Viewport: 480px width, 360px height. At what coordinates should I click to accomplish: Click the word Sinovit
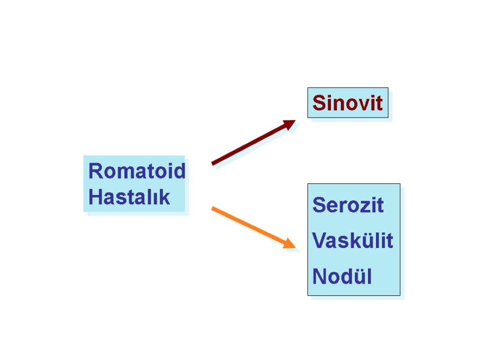347,103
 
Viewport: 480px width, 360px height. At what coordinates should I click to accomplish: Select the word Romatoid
136,171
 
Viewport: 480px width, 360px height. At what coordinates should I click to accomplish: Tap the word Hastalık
129,197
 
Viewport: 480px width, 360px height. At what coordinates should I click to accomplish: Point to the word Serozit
348,205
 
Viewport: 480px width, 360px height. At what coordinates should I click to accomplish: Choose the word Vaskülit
352,241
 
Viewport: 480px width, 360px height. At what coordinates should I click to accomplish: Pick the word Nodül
342,277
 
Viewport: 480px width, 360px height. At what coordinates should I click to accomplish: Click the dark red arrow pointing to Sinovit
253,142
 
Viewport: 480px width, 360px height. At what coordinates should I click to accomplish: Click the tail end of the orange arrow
214,209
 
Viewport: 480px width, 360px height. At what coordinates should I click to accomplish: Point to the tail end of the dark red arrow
214,163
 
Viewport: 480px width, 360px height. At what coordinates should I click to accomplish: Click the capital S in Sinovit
319,103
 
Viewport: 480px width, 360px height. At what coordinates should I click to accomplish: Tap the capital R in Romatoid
95,171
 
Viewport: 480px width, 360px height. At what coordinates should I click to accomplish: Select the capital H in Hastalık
95,197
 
